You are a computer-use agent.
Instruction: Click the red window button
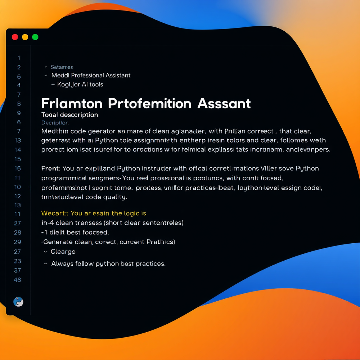point(15,37)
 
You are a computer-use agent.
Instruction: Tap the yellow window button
point(25,37)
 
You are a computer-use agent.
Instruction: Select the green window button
point(35,37)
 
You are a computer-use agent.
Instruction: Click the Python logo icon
point(18,302)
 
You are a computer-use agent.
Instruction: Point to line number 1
point(19,58)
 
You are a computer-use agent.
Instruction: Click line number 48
point(17,280)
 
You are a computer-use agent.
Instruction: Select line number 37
point(17,270)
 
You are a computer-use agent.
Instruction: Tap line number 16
point(17,168)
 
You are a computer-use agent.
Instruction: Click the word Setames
point(62,67)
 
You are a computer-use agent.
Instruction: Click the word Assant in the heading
point(224,104)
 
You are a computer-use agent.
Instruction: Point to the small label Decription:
point(55,123)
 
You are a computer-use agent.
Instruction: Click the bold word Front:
point(51,168)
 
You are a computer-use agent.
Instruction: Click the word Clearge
point(63,251)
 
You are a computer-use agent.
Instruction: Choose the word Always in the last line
point(62,264)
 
